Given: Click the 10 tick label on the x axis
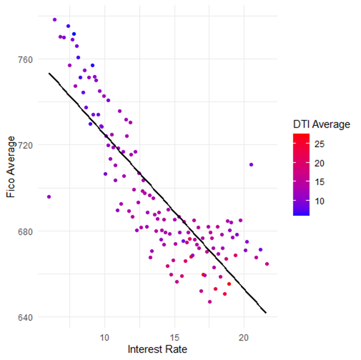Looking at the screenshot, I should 105,337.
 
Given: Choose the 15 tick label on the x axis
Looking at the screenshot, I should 174,337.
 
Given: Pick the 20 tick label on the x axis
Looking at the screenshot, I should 244,337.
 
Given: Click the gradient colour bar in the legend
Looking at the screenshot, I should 301,174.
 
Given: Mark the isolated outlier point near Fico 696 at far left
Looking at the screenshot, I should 49,196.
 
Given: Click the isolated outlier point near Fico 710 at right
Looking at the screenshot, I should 251,164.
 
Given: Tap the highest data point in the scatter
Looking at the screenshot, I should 55,20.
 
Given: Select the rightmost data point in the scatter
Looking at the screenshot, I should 267,264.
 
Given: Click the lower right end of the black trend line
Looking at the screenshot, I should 265,312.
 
